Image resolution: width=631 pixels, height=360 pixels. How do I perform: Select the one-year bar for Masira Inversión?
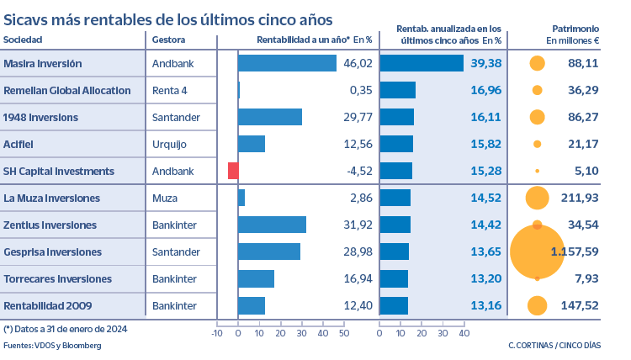click(287, 63)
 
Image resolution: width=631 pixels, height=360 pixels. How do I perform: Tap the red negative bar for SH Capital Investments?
click(233, 171)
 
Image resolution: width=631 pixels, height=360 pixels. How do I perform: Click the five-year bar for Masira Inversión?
click(422, 63)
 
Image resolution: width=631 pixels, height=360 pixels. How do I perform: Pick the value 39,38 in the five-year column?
click(486, 63)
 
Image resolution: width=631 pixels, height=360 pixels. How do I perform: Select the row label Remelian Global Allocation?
click(67, 90)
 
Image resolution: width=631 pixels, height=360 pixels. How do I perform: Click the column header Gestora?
click(168, 40)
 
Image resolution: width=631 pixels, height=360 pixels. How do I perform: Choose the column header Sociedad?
click(23, 40)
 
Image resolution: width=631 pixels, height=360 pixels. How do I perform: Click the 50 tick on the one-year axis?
click(343, 334)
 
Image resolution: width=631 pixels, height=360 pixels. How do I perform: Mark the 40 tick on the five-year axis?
click(464, 334)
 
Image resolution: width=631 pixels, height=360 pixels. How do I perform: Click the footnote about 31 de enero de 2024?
click(66, 329)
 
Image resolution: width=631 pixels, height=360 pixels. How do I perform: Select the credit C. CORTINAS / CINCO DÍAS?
click(554, 346)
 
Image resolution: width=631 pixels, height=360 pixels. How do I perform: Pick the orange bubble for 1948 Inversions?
click(537, 117)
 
